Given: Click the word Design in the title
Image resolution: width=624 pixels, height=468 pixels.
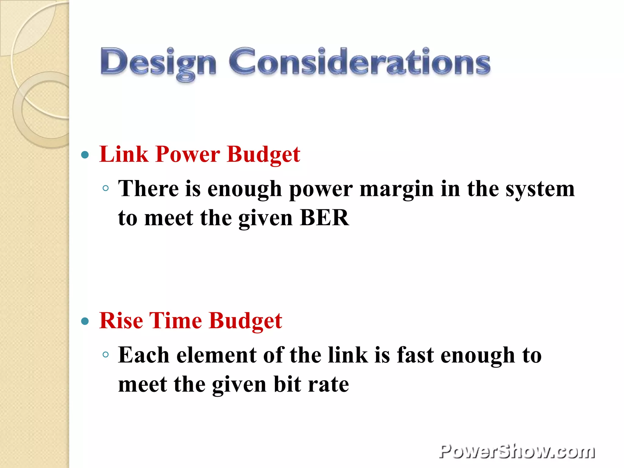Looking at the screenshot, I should [x=158, y=62].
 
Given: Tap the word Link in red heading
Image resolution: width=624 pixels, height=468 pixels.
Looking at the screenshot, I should [x=124, y=154].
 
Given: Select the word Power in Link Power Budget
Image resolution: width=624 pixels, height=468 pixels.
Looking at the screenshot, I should [x=187, y=154].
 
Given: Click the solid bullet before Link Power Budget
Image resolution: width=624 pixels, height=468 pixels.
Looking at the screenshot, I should [x=85, y=155].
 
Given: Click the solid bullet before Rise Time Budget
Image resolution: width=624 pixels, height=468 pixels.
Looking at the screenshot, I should [x=85, y=321].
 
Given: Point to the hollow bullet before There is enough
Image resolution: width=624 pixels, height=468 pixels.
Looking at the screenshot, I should [x=106, y=188].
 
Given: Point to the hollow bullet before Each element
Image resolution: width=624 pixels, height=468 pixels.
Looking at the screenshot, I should [x=106, y=355].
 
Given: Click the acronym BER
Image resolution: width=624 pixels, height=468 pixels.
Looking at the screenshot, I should [x=324, y=218].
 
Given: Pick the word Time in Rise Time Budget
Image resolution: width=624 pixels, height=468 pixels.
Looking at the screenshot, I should [x=175, y=321].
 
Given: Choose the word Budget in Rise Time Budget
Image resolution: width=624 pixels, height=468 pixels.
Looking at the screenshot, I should [x=246, y=321].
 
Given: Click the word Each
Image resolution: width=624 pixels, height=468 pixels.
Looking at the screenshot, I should [x=144, y=355].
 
